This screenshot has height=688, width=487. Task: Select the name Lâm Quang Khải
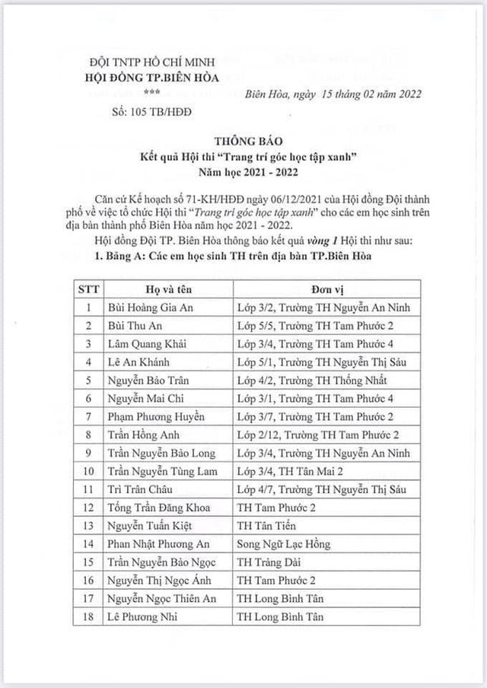[148, 344]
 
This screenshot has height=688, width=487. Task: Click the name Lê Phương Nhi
[142, 617]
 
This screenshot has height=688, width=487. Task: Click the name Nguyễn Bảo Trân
[148, 381]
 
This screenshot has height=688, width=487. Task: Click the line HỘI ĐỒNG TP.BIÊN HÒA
[151, 76]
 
